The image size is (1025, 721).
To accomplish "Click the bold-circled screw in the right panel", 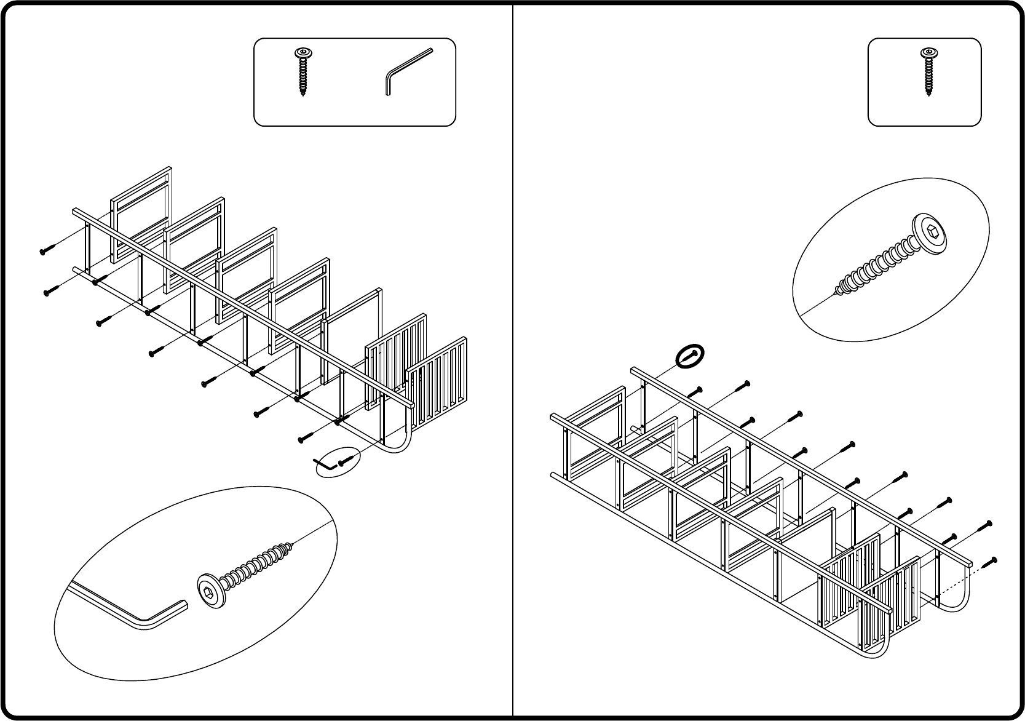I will coord(690,356).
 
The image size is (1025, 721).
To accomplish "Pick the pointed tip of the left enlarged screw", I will coord(291,545).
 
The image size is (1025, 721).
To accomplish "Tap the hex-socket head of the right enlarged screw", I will coord(929,231).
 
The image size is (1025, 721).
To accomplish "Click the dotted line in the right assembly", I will coord(950,585).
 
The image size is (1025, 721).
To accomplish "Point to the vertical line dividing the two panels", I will coord(513,369).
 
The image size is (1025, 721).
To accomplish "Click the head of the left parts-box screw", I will coord(302,53).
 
